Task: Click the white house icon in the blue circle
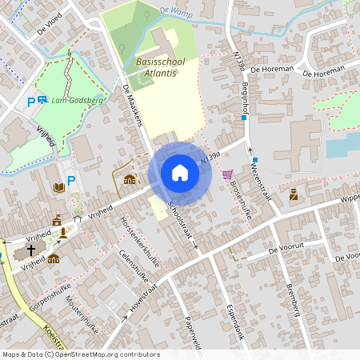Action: tap(180, 172)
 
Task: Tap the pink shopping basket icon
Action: tap(227, 174)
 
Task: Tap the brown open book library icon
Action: tap(58, 187)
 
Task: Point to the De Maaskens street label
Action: tap(135, 108)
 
